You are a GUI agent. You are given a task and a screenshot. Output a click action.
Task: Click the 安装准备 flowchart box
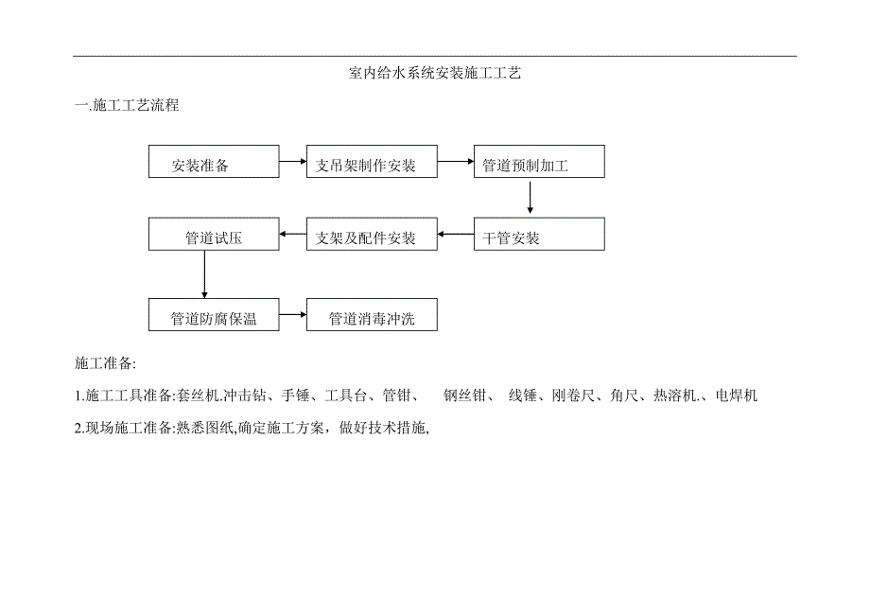pyautogui.click(x=214, y=162)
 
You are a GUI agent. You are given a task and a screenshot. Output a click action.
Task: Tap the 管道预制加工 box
pyautogui.click(x=538, y=162)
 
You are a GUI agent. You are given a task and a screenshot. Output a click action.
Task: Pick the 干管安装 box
pyautogui.click(x=538, y=235)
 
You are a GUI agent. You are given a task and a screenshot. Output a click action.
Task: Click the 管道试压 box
pyautogui.click(x=214, y=235)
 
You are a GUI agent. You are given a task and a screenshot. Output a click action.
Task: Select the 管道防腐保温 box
pyautogui.click(x=214, y=315)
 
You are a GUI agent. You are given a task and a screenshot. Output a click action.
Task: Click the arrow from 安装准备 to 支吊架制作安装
pyautogui.click(x=293, y=161)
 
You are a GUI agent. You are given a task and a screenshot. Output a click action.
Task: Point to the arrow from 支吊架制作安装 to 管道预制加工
pyautogui.click(x=456, y=161)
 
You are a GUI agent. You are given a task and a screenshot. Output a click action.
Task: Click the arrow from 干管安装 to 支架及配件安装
pyautogui.click(x=456, y=235)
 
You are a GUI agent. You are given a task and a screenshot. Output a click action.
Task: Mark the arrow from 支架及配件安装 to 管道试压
pyautogui.click(x=293, y=235)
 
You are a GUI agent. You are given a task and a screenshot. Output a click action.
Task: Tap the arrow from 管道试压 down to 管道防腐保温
pyautogui.click(x=204, y=274)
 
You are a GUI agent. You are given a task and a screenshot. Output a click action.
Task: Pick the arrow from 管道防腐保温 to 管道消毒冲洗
pyautogui.click(x=293, y=315)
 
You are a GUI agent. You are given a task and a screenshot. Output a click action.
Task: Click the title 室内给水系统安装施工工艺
pyautogui.click(x=435, y=73)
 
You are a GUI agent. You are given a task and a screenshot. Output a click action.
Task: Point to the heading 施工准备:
pyautogui.click(x=105, y=363)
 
